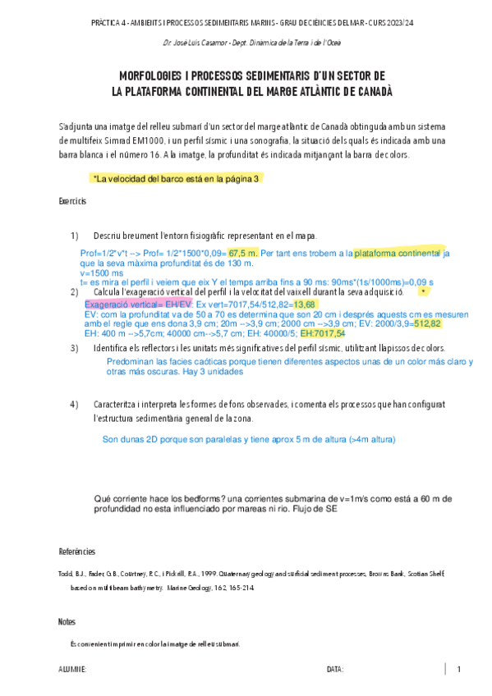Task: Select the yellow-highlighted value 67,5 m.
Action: pyautogui.click(x=243, y=253)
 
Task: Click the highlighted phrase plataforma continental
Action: pyautogui.click(x=397, y=253)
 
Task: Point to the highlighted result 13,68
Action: pyautogui.click(x=304, y=304)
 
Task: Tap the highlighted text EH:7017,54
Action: pyautogui.click(x=323, y=333)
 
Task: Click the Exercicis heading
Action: pyautogui.click(x=72, y=201)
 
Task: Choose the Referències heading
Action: pyautogui.click(x=76, y=551)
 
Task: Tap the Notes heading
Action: pyautogui.click(x=68, y=621)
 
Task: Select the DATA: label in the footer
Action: pyautogui.click(x=334, y=670)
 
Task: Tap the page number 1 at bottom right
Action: pyautogui.click(x=458, y=669)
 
